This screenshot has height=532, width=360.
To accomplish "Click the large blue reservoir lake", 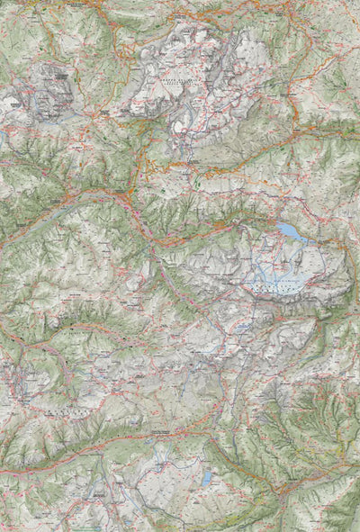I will click(x=291, y=233).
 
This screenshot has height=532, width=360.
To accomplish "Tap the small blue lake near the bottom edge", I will click(x=206, y=479).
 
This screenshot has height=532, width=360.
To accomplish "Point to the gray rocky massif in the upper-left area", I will click(x=49, y=90).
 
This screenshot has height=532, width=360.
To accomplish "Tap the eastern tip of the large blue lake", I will click(x=306, y=239).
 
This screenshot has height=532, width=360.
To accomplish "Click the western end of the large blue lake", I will click(x=278, y=227).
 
